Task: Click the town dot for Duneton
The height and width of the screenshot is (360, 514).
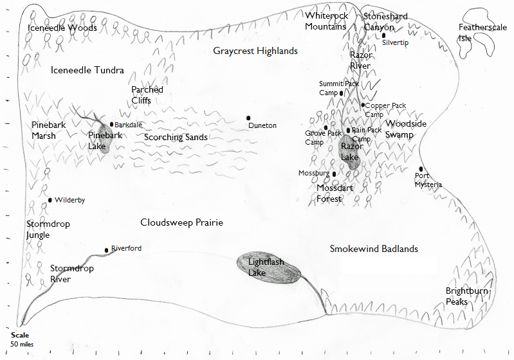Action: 248,118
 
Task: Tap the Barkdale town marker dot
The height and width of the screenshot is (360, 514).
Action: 111,124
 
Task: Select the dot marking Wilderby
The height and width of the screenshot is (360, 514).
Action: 50,200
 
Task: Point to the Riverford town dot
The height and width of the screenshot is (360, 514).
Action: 107,250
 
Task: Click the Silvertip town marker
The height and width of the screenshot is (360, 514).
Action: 383,35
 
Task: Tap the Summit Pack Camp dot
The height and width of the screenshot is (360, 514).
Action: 341,93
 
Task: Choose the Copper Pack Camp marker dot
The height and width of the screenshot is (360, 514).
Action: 363,105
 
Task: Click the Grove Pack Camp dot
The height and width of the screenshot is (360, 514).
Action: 326,127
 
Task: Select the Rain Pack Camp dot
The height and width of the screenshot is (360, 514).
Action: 349,130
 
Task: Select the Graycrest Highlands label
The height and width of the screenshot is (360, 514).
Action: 255,51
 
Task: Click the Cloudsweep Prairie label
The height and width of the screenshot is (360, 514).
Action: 181,222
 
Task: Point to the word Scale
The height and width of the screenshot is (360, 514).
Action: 20,335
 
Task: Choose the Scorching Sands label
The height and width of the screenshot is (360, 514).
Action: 176,137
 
